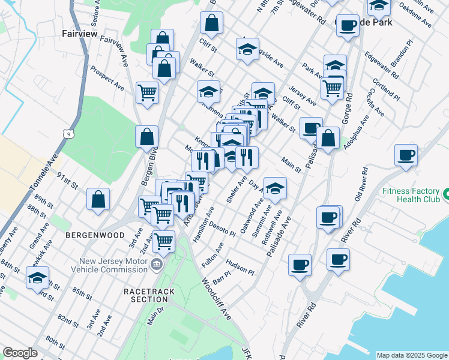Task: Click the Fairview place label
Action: tap(79, 34)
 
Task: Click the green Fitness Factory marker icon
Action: tap(447, 194)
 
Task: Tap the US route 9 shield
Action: tap(71, 136)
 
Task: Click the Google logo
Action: tap(20, 353)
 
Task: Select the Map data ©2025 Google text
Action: tap(412, 355)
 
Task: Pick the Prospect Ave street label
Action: tap(107, 78)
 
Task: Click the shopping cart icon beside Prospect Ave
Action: tap(147, 93)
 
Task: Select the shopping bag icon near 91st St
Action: tap(98, 199)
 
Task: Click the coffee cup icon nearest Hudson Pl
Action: tap(300, 264)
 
